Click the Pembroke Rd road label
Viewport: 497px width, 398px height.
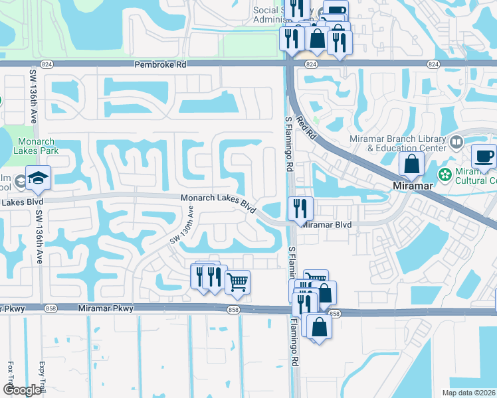(160, 65)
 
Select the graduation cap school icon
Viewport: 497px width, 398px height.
(39, 178)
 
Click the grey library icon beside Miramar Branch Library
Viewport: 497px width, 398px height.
(456, 141)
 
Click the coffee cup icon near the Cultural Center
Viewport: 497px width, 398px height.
(483, 157)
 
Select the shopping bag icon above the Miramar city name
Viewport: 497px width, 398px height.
(411, 165)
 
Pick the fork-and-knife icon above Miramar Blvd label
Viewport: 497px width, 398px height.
(300, 208)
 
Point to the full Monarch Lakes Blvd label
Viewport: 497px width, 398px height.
(219, 202)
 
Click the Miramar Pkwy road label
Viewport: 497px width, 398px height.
(106, 308)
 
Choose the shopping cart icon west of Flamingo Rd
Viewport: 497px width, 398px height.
(237, 282)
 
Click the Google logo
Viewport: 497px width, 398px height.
(22, 390)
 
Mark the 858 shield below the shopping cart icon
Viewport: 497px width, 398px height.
(233, 310)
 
